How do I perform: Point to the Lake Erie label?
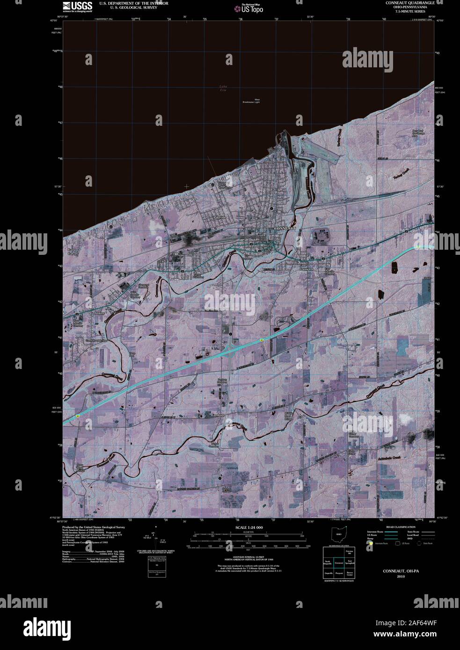point(223,88)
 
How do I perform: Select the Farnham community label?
point(218,415)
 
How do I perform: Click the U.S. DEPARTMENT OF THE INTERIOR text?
point(127,3)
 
